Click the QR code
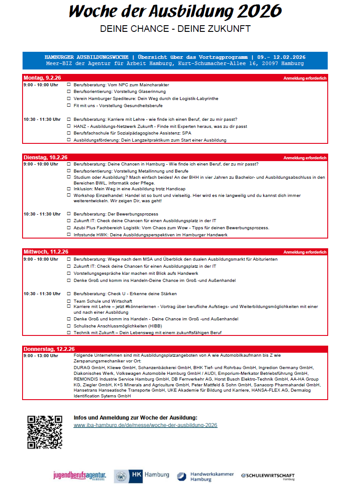click(x=44, y=432)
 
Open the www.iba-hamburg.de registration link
click(x=146, y=425)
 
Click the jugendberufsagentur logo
click(x=80, y=476)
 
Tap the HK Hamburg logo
click(x=142, y=476)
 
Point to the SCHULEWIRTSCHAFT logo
click(x=268, y=476)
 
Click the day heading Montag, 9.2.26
click(x=42, y=78)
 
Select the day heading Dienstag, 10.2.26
click(x=45, y=158)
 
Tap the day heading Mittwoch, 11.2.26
click(x=46, y=252)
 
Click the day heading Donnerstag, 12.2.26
click(x=49, y=349)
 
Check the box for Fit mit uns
click(x=69, y=105)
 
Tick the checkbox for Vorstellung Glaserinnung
click(x=69, y=91)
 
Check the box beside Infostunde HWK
click(x=69, y=235)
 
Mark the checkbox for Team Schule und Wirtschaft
click(x=69, y=300)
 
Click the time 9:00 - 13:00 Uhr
click(x=41, y=355)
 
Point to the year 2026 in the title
click(x=258, y=11)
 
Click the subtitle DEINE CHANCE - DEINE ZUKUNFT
click(x=175, y=29)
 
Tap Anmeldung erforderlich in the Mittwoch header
click(x=305, y=252)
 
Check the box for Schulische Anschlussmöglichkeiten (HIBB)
click(x=69, y=326)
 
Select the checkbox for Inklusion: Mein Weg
click(x=69, y=189)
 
